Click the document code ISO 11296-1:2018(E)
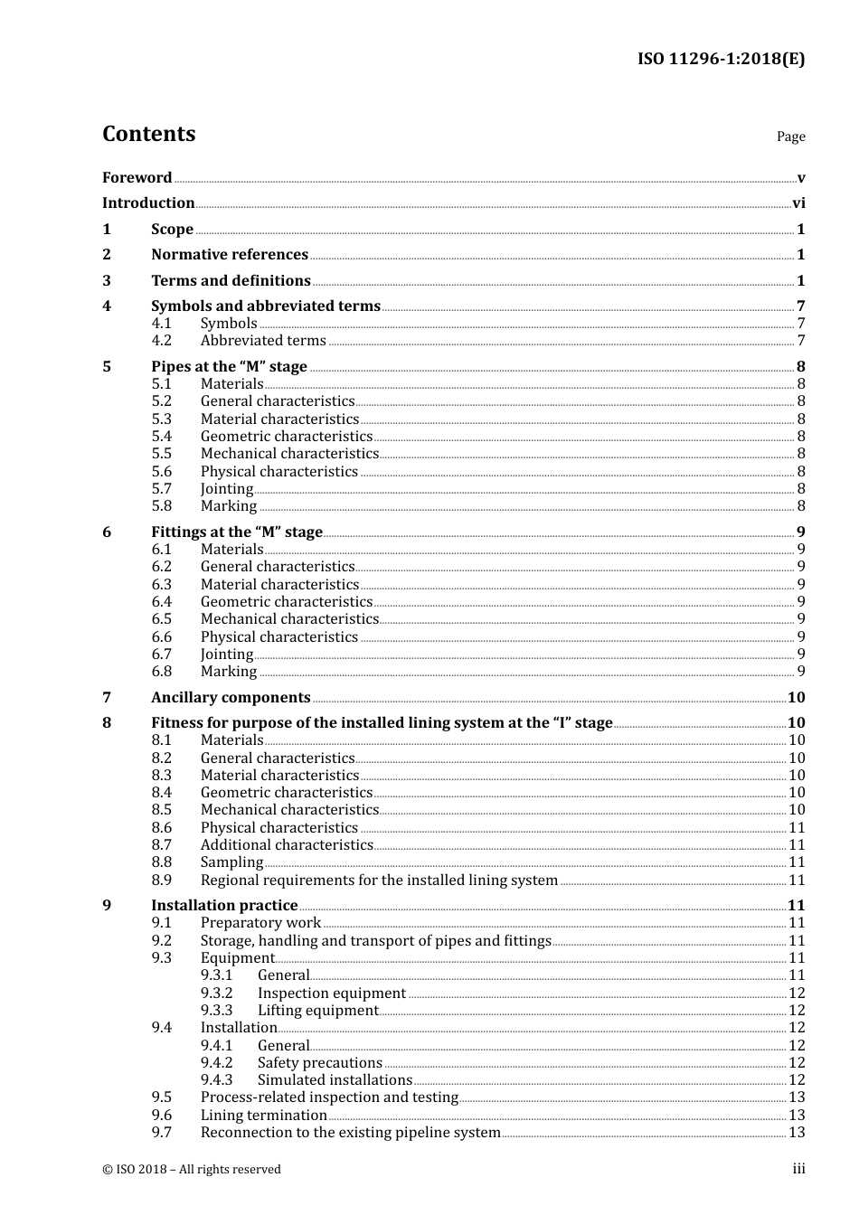point(721,60)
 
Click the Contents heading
point(148,134)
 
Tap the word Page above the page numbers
point(790,137)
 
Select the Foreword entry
point(137,178)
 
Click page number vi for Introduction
point(798,203)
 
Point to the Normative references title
point(230,255)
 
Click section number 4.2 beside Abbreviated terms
point(161,341)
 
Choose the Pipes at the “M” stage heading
point(229,367)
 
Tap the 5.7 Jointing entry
point(226,489)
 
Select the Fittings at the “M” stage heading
point(236,532)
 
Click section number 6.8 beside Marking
point(161,672)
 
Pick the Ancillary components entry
point(231,698)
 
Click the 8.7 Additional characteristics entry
point(286,845)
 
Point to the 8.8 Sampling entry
point(231,862)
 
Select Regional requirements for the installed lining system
point(379,881)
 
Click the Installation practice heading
point(224,906)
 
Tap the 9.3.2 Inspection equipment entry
point(331,994)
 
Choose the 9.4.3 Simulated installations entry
point(335,1080)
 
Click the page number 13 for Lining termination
point(797,1116)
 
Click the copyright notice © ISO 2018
point(192,1170)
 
